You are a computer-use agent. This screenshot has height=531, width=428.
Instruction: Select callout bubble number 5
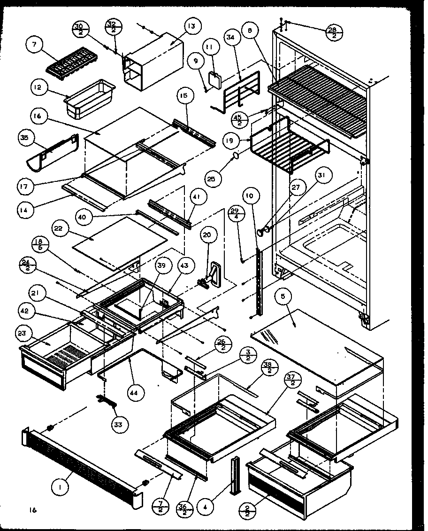[285, 297]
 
